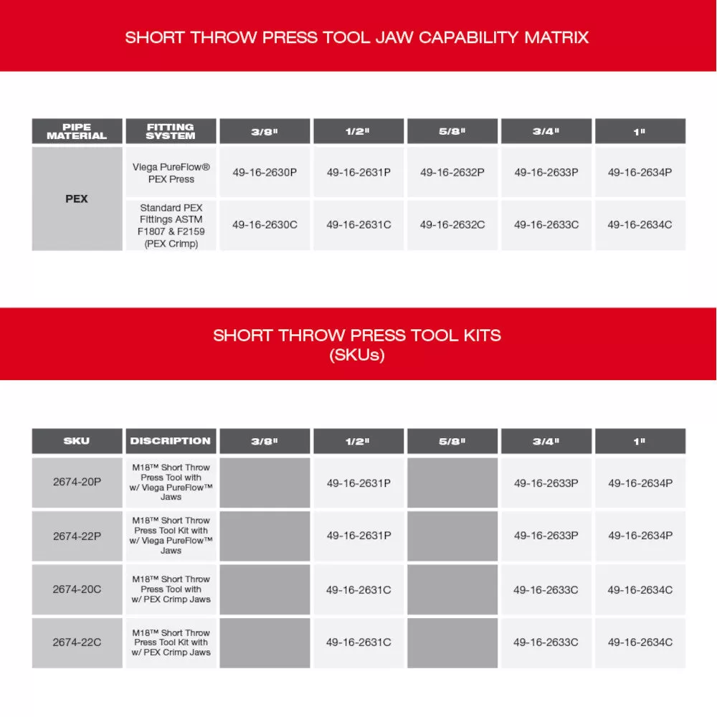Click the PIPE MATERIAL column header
click(77, 131)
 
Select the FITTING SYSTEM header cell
click(170, 131)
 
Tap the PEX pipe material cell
click(77, 199)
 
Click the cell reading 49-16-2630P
click(265, 172)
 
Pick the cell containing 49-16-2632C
click(452, 224)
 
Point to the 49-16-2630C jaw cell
click(265, 224)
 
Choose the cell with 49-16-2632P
click(452, 172)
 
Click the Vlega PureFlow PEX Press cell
click(171, 173)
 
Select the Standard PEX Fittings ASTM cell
click(171, 225)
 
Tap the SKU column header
click(77, 441)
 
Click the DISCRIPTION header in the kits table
click(170, 441)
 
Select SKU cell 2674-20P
click(77, 482)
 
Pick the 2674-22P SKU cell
click(77, 536)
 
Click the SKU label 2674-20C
click(77, 589)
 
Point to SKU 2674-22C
click(77, 642)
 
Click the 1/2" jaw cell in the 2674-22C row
click(358, 642)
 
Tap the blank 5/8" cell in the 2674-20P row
click(452, 483)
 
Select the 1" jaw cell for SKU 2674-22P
click(640, 536)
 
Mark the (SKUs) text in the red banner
click(357, 354)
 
